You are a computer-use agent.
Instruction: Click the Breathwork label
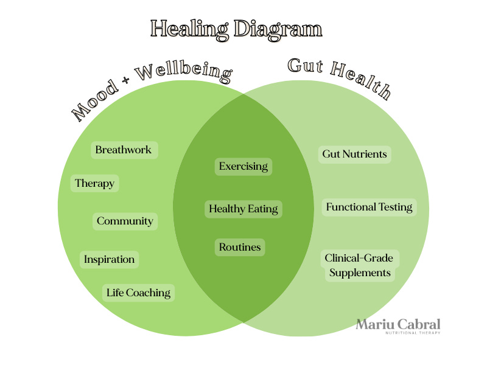click(x=124, y=150)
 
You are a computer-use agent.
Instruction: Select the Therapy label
click(x=94, y=183)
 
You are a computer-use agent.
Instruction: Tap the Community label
click(x=125, y=221)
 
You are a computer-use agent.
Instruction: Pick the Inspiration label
click(x=110, y=259)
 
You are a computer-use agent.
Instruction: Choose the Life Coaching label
click(x=138, y=293)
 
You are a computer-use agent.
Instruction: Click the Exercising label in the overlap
click(x=243, y=166)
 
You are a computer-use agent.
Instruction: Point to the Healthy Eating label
click(x=243, y=209)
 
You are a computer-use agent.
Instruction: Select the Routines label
click(x=240, y=247)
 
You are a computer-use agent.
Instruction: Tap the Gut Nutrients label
click(x=354, y=154)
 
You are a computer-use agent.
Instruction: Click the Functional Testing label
click(x=369, y=207)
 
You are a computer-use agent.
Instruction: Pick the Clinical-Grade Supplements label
click(x=359, y=265)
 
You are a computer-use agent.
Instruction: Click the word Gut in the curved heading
click(x=304, y=68)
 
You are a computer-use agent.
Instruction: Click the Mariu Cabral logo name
click(x=398, y=324)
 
